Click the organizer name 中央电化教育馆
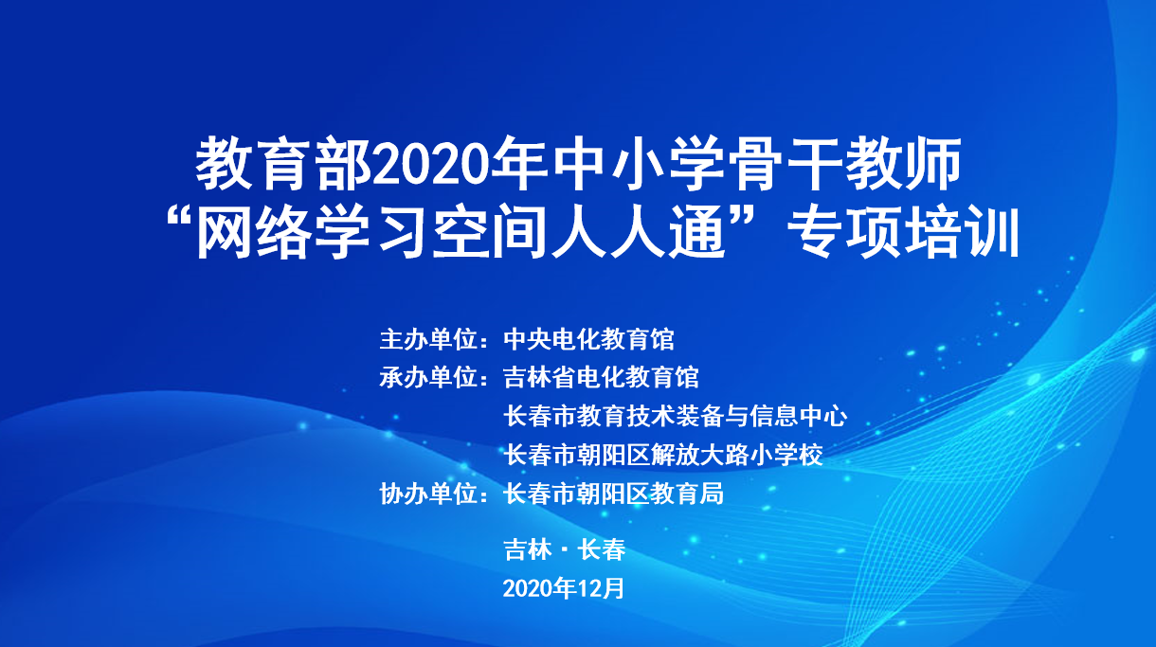click(588, 338)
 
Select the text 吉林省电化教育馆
click(602, 377)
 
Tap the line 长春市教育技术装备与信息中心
click(676, 416)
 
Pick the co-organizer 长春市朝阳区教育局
click(614, 494)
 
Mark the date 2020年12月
click(564, 587)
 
